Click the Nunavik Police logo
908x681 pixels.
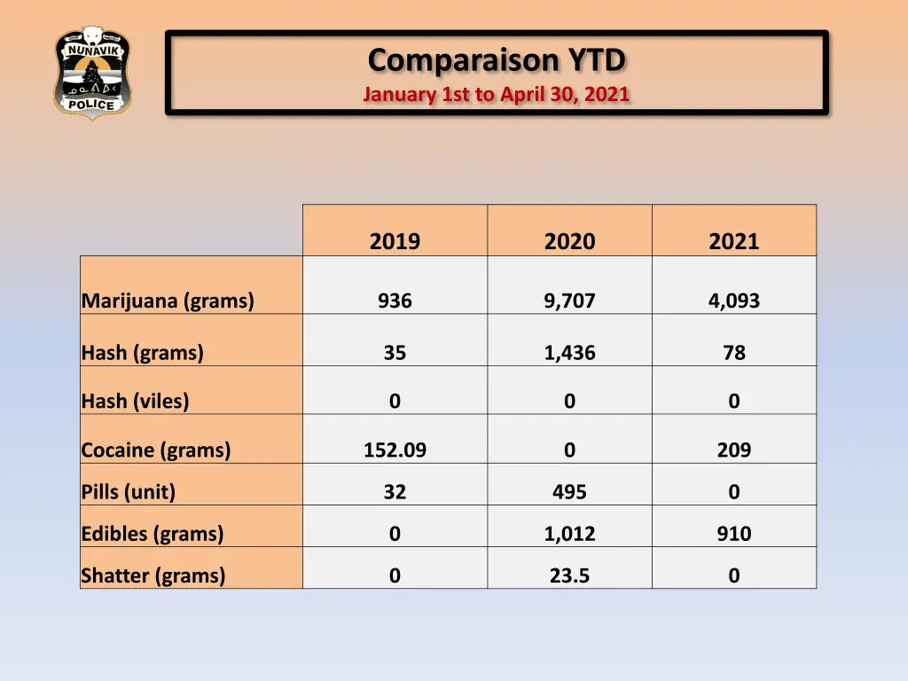(92, 73)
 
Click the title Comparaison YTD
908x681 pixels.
(497, 60)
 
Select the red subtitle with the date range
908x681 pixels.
(497, 94)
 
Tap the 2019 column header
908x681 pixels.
(395, 241)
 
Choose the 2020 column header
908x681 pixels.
(569, 241)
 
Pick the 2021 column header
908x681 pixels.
(733, 241)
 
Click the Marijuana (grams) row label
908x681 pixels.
(168, 301)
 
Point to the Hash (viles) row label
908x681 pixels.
(135, 401)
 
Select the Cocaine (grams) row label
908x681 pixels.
(156, 450)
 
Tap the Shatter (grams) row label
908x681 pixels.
(153, 575)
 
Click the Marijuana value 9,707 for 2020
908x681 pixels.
(569, 301)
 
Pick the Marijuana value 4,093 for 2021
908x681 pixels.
(733, 301)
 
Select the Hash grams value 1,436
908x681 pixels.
(569, 352)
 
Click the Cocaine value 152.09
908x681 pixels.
(395, 450)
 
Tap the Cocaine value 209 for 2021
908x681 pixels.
(733, 450)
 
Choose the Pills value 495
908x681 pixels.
(569, 491)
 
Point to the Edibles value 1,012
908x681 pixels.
(569, 534)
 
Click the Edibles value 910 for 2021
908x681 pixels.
(733, 534)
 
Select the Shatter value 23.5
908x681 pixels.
(569, 575)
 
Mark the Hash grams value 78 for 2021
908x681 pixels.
(733, 352)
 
